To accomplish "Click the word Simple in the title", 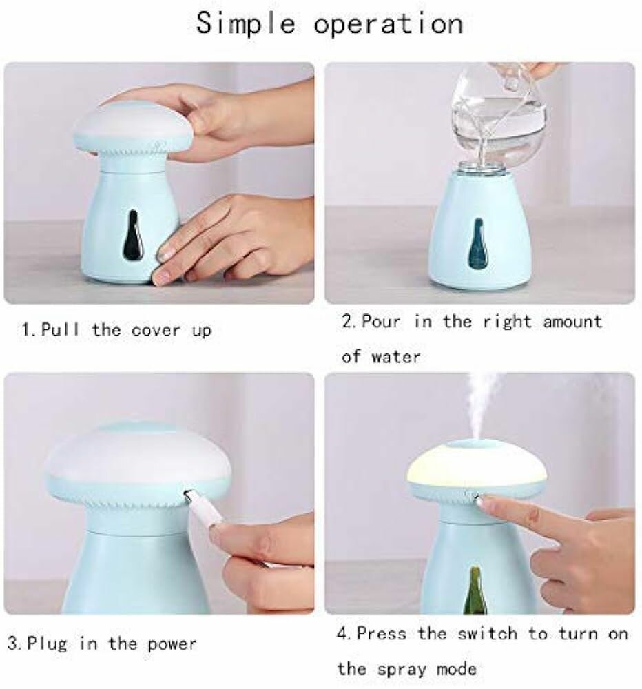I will [x=247, y=23].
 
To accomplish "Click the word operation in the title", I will [x=388, y=23].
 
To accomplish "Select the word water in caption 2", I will [x=395, y=357].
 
